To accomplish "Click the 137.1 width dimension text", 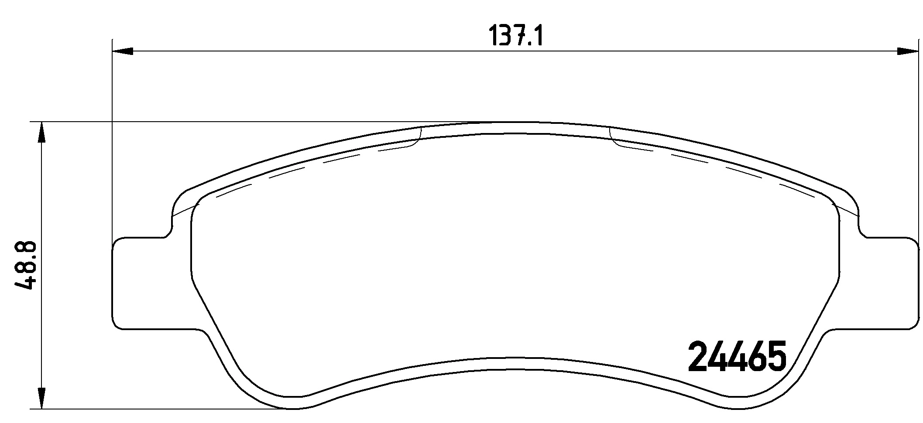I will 515,36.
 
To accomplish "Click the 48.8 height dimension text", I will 25,266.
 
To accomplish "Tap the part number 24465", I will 737,356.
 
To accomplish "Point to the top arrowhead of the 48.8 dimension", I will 41,132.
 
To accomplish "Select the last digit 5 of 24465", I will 775,356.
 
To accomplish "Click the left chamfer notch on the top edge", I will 417,137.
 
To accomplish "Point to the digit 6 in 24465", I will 756,356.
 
